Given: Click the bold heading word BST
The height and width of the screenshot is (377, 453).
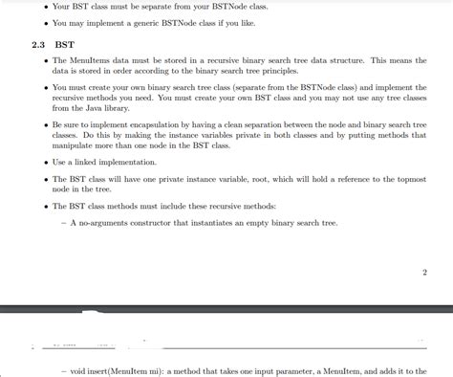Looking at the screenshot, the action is tap(64, 44).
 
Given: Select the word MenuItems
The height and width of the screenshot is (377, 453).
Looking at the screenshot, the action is tap(92, 60).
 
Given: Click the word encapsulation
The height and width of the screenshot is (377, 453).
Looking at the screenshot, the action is tap(171, 124).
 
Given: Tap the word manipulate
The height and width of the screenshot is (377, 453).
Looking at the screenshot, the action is tap(75, 145).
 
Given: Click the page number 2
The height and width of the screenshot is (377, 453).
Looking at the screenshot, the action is tap(423, 272).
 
